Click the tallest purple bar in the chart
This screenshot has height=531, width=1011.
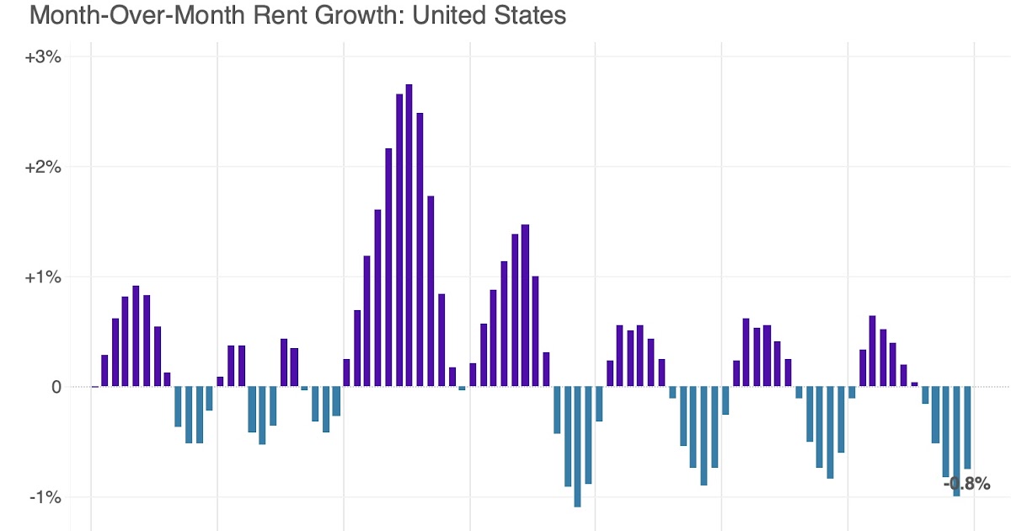tap(409, 236)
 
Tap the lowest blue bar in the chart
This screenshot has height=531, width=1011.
tap(577, 447)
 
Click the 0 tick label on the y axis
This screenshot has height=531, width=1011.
tap(56, 387)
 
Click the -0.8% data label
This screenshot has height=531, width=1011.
tap(967, 485)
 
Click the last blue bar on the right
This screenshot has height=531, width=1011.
tap(967, 427)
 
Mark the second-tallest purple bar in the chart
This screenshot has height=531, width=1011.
tap(399, 240)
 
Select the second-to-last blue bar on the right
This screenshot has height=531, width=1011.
tap(957, 441)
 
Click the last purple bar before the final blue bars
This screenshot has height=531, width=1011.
tap(914, 384)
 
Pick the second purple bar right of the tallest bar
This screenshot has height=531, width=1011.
tap(431, 291)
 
